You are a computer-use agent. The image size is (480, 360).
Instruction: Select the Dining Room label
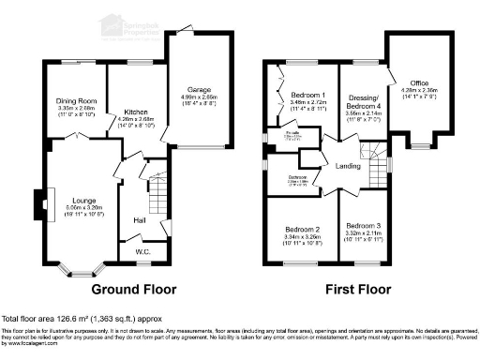pos(76,100)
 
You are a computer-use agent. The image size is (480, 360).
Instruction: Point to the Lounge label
pos(75,200)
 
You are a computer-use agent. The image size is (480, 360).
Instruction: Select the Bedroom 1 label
pos(307,96)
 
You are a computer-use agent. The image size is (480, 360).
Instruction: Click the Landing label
pos(348,167)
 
